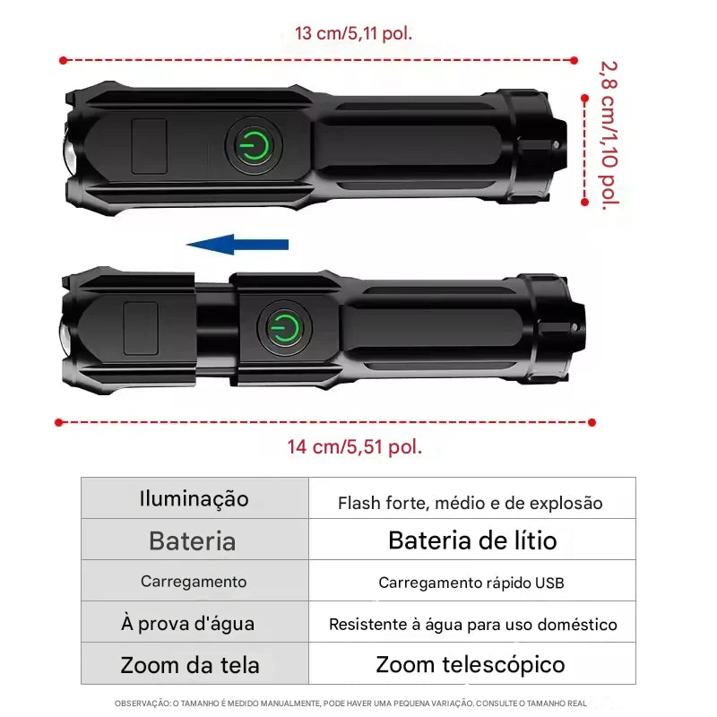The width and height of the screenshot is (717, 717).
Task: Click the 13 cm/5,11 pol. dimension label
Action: pyautogui.click(x=353, y=33)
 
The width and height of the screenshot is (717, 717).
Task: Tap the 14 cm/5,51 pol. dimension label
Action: pyautogui.click(x=354, y=446)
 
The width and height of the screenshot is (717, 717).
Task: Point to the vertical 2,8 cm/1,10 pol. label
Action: pyautogui.click(x=609, y=135)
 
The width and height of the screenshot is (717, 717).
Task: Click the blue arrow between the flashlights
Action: pyautogui.click(x=238, y=245)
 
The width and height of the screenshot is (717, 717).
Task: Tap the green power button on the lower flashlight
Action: pyautogui.click(x=284, y=328)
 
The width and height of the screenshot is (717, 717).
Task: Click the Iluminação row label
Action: pyautogui.click(x=194, y=498)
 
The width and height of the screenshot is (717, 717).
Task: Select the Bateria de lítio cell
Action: pyautogui.click(x=472, y=540)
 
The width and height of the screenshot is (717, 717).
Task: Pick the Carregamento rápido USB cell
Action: pyautogui.click(x=471, y=583)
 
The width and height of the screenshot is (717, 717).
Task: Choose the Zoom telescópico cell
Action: pyautogui.click(x=471, y=665)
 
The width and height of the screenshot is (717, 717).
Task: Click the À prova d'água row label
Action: pyautogui.click(x=188, y=623)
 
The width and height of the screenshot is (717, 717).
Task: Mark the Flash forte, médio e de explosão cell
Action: pyautogui.click(x=470, y=503)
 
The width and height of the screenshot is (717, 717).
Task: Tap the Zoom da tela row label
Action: pyautogui.click(x=190, y=665)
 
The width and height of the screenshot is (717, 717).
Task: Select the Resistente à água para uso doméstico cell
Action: pyautogui.click(x=473, y=624)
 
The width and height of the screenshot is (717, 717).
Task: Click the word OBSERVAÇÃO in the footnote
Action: pyautogui.click(x=142, y=704)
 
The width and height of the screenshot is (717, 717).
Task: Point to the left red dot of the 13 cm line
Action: pyautogui.click(x=63, y=60)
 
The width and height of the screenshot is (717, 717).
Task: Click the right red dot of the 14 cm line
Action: pyautogui.click(x=592, y=422)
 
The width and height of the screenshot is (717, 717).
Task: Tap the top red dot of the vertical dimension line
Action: pyautogui.click(x=584, y=99)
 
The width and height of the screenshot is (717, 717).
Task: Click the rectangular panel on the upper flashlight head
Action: pyautogui.click(x=149, y=146)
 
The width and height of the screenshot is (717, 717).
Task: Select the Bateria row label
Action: pyautogui.click(x=193, y=541)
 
